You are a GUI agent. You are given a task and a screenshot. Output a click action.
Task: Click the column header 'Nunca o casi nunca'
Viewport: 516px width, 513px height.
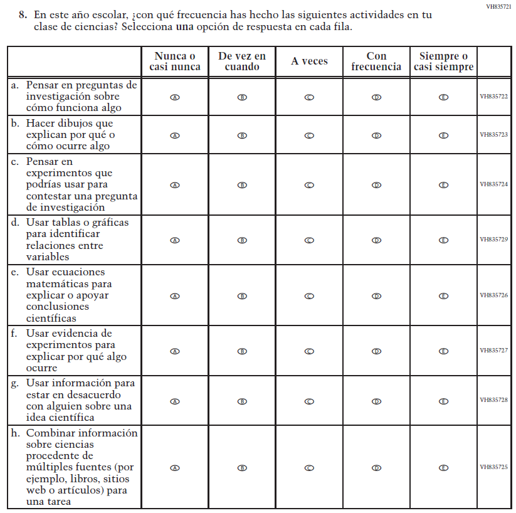[175, 61]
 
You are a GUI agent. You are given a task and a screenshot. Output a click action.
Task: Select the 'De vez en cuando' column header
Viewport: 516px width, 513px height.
[242, 61]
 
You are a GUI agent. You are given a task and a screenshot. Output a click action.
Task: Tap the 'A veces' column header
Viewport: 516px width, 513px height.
[309, 61]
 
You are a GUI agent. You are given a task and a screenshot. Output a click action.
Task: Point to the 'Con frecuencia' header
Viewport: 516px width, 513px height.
[376, 61]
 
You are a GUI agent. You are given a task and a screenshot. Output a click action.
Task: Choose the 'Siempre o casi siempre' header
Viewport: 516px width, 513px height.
[443, 61]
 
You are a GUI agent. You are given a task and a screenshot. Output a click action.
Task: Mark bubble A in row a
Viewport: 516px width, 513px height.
[175, 97]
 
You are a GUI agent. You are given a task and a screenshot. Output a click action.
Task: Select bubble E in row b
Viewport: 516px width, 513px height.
[443, 135]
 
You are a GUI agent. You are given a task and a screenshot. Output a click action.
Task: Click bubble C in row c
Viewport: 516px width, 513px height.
[309, 185]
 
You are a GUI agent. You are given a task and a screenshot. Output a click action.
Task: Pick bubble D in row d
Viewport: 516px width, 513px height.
[376, 240]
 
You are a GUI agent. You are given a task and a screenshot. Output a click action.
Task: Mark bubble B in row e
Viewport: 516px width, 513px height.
[242, 296]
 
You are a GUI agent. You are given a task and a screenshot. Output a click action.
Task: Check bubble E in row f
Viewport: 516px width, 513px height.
[443, 351]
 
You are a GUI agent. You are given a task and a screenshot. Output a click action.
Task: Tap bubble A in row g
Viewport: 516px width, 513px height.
[175, 401]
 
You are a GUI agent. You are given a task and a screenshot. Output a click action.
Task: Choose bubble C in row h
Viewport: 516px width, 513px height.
[309, 468]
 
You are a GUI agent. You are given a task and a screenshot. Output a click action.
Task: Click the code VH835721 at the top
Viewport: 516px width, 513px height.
[499, 6]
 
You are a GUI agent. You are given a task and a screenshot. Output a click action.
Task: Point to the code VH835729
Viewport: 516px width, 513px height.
[494, 239]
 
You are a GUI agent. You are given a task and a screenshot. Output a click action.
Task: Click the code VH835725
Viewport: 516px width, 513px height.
[494, 467]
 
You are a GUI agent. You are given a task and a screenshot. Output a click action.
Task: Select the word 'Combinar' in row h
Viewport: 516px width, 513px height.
[50, 433]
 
